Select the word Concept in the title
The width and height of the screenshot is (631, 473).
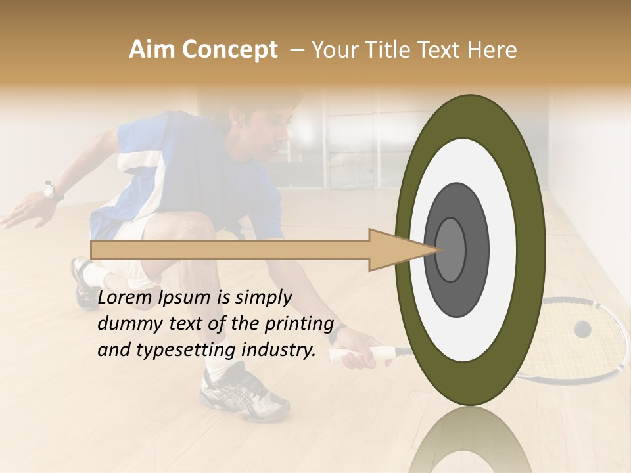coord(229,50)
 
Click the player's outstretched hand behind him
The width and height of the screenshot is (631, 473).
coord(20,214)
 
